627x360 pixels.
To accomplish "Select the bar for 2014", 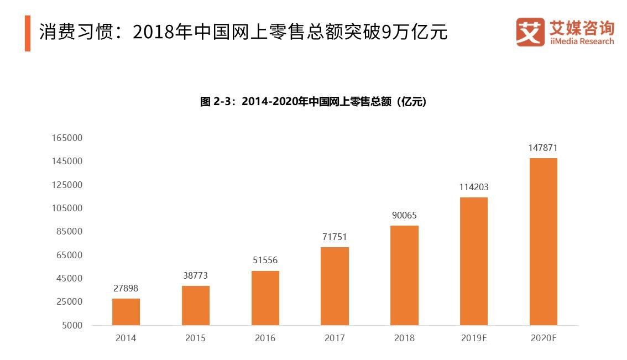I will click(x=126, y=312).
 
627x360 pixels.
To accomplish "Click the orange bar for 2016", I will click(x=265, y=298).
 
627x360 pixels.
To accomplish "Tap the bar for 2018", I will click(x=404, y=275).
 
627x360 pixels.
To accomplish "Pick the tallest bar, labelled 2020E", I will click(x=544, y=242).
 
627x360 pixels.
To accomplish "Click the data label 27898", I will click(x=126, y=288).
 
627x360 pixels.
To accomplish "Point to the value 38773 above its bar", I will click(x=196, y=275).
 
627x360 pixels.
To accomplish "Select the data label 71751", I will click(x=335, y=237).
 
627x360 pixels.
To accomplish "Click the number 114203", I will click(x=474, y=187).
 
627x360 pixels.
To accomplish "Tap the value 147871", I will click(x=544, y=148).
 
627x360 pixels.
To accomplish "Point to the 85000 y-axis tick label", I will click(x=69, y=232).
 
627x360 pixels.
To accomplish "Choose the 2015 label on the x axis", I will click(x=196, y=338).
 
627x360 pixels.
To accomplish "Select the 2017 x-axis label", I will click(x=335, y=338).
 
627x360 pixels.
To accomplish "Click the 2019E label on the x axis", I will click(x=474, y=338).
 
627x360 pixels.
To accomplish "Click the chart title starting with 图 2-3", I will click(x=313, y=102).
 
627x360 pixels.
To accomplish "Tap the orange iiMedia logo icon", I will click(x=530, y=32).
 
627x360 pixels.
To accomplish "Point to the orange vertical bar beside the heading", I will click(x=28, y=33).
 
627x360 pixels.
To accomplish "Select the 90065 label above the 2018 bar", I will click(x=404, y=215).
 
